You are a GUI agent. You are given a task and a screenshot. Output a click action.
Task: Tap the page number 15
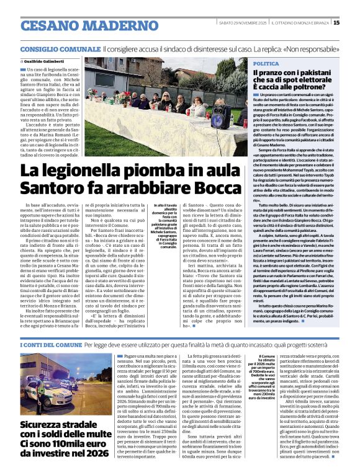(354, 23)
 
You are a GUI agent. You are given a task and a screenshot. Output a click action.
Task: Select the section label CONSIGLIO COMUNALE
(60, 48)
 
